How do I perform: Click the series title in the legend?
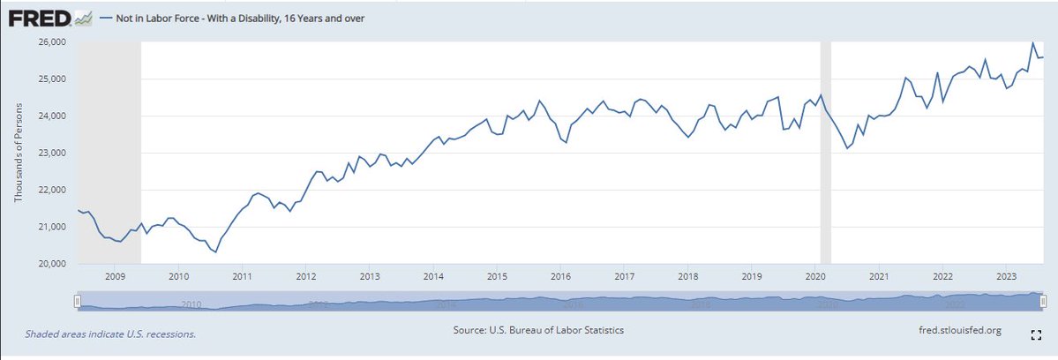(232, 18)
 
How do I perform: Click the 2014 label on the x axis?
(433, 276)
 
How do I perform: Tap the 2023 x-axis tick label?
(1005, 276)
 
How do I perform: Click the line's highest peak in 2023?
(1033, 42)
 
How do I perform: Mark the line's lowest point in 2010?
(216, 252)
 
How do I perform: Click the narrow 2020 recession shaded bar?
(826, 150)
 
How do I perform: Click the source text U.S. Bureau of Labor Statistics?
(538, 330)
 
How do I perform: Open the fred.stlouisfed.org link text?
(960, 330)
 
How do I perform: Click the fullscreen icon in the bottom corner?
(1036, 334)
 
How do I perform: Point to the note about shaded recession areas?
(110, 334)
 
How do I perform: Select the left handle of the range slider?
(78, 302)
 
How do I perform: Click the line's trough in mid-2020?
(847, 148)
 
